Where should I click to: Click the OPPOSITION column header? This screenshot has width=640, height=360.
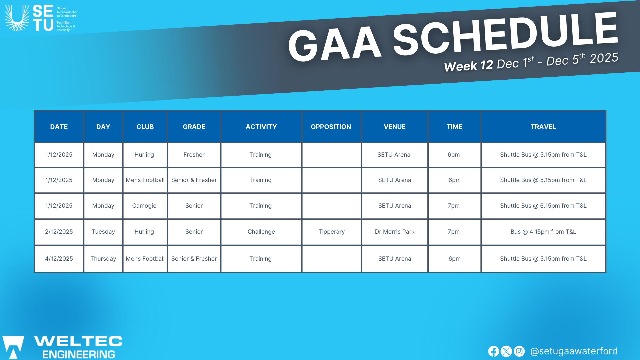(331, 127)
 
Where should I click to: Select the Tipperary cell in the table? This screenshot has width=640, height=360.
(331, 232)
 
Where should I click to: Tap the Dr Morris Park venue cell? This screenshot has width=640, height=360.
(394, 232)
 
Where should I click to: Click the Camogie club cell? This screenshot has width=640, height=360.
(144, 206)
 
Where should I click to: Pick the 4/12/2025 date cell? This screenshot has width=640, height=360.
(59, 259)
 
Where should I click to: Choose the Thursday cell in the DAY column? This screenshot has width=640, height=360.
(103, 259)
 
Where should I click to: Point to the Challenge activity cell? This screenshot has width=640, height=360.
(261, 232)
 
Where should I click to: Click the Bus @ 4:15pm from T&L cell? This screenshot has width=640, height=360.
(543, 232)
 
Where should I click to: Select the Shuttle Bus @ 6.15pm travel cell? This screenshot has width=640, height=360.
(543, 206)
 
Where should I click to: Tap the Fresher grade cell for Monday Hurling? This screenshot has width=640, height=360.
(194, 155)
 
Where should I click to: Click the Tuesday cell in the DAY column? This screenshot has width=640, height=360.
(103, 232)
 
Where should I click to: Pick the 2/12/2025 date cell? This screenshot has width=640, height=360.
(59, 232)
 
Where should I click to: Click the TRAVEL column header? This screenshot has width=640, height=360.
(543, 127)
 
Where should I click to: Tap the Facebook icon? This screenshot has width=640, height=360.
(494, 351)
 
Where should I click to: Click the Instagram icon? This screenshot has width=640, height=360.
(519, 351)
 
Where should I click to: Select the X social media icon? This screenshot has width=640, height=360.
(506, 351)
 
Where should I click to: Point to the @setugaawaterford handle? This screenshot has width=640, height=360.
(574, 351)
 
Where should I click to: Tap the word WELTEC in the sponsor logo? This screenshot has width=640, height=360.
(78, 341)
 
